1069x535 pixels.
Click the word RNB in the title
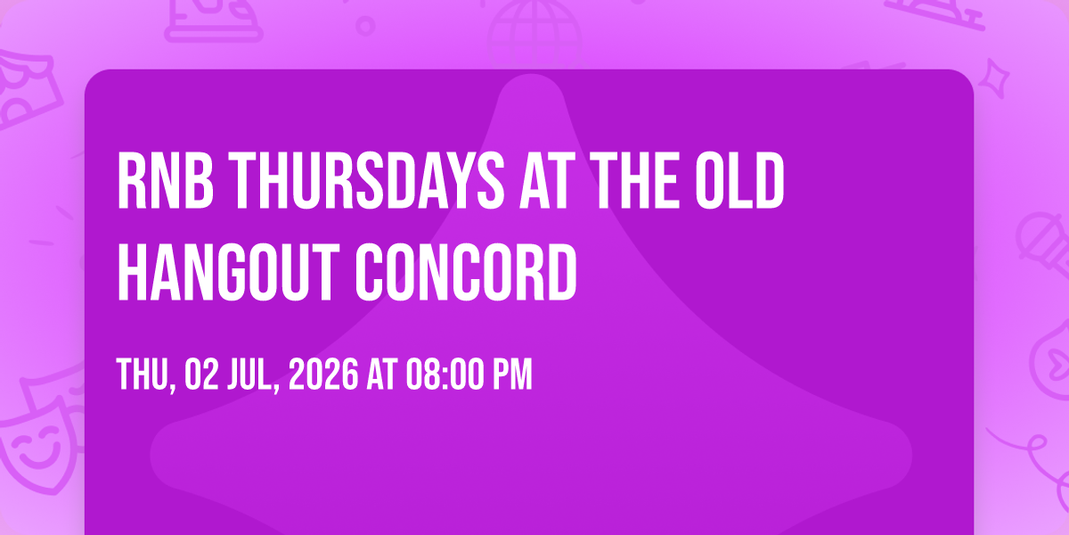[165, 180]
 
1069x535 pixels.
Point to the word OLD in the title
[739, 180]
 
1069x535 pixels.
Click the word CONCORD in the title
[466, 272]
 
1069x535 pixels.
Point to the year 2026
[323, 375]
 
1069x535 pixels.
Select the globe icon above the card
[534, 34]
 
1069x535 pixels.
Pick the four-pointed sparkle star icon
[994, 78]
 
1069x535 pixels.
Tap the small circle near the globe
[365, 26]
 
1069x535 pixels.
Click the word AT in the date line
[382, 375]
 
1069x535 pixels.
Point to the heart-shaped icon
[1050, 363]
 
